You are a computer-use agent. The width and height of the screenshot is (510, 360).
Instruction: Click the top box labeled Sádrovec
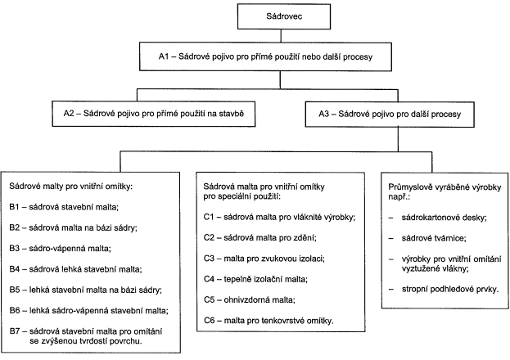[284, 16]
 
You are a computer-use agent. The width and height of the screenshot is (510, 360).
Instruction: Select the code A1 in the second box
[164, 56]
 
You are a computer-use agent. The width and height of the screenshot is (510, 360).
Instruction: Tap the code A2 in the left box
[69, 114]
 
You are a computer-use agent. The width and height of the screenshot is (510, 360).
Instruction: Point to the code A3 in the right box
[324, 115]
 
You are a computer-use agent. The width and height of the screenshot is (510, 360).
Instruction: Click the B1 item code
[15, 207]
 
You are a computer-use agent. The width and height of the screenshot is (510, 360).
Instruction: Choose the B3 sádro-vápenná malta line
[61, 249]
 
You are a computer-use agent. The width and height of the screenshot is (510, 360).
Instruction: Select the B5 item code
[15, 290]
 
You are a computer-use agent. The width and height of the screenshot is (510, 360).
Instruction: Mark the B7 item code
[15, 331]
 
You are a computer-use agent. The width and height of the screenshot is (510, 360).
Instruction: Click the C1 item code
[209, 217]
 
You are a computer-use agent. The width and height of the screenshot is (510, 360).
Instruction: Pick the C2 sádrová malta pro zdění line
[260, 238]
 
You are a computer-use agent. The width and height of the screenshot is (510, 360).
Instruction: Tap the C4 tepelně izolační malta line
[256, 279]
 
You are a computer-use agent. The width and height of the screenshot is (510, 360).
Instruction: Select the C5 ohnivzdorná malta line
[250, 299]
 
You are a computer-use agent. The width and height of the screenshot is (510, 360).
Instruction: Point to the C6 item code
[209, 321]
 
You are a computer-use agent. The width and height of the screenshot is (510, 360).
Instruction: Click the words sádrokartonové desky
[444, 218]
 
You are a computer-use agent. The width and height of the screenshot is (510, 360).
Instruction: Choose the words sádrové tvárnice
[434, 238]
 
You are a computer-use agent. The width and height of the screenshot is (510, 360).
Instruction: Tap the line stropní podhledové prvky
[450, 289]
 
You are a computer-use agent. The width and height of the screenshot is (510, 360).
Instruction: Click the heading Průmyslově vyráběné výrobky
[445, 187]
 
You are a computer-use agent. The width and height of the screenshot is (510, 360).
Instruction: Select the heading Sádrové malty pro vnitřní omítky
[71, 187]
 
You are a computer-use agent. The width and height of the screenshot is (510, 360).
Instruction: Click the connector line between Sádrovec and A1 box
[281, 36]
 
